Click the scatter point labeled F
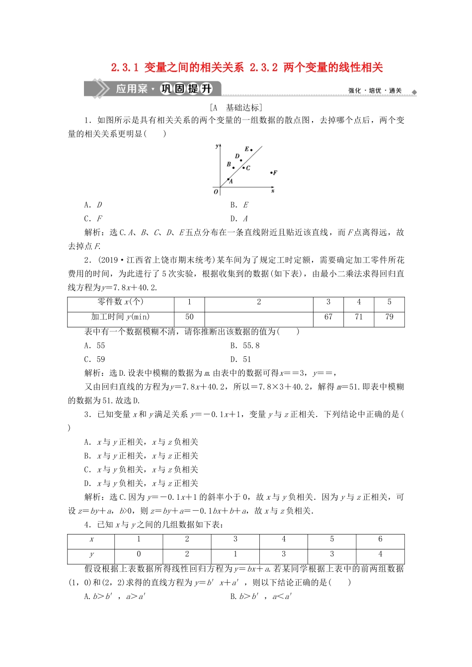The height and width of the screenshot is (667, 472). click(271, 173)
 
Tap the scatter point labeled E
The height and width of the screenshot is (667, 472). click(251, 149)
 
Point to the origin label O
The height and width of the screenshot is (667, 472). click(216, 192)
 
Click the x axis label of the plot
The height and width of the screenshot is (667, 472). click(273, 191)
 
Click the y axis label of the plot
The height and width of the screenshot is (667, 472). click(217, 146)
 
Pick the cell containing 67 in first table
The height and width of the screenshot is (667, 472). click(328, 317)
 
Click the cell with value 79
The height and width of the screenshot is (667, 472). click(389, 317)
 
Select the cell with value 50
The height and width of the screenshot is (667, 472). click(189, 317)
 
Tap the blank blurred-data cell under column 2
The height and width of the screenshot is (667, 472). click(258, 317)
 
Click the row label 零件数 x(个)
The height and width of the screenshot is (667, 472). click(120, 302)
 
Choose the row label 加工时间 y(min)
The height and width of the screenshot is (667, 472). click(120, 317)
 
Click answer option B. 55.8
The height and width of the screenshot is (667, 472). click(244, 346)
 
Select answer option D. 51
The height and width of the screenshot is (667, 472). click(240, 360)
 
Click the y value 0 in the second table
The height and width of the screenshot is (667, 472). click(139, 554)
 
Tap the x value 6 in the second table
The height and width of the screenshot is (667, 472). click(380, 539)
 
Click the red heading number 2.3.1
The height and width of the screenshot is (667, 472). click(125, 67)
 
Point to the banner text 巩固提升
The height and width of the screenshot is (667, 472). click(186, 89)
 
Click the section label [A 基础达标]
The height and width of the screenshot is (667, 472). click(236, 108)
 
